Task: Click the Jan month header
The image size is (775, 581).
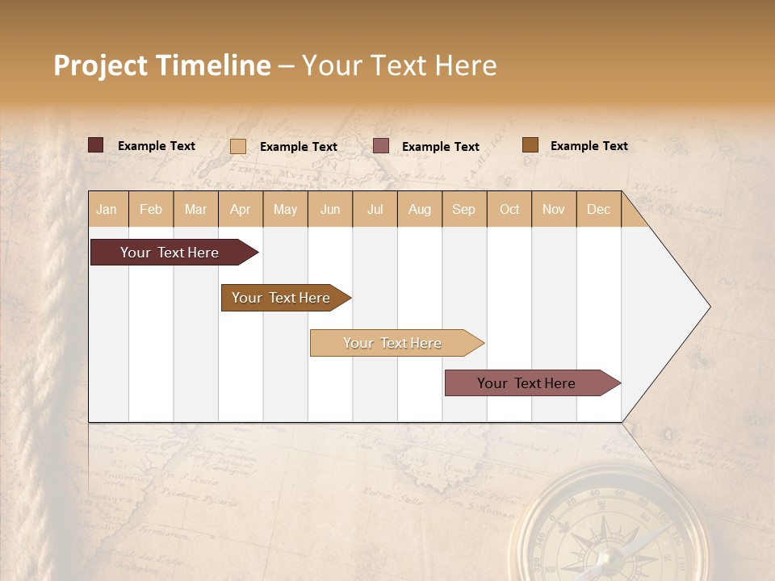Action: coord(107,209)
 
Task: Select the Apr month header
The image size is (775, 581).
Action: coord(240,209)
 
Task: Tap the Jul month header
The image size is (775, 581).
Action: coord(375,209)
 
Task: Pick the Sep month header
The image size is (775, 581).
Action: coord(463,209)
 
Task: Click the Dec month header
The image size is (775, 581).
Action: coord(598,209)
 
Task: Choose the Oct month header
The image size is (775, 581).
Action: coord(509,209)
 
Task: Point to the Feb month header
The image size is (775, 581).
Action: coord(151,209)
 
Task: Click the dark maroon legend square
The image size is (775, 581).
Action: coord(95,145)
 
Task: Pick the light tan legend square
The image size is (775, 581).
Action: coord(238,146)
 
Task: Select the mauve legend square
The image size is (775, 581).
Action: coord(381,146)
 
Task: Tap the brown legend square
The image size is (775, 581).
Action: coord(530,145)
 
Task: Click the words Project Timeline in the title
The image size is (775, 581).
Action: coord(162,65)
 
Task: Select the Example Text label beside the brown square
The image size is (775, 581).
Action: coord(589,146)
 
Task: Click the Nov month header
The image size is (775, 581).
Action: coord(554,209)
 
